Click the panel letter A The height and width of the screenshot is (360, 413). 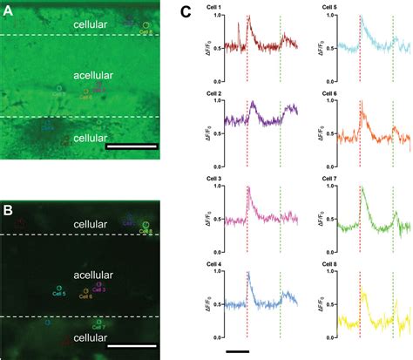[8, 10]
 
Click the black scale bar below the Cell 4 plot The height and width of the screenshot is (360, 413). [237, 351]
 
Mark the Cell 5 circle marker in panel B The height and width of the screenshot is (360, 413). [59, 288]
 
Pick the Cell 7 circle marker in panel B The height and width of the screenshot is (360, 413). [98, 322]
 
